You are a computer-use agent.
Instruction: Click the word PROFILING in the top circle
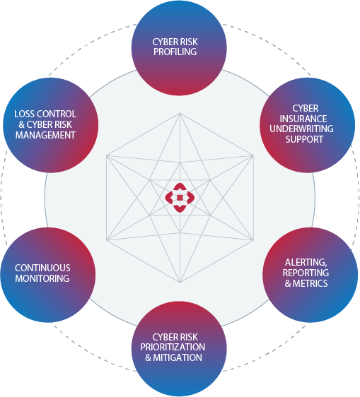(x=179, y=52)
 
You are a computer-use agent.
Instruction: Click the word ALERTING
(x=306, y=263)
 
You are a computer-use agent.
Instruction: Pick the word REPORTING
(x=306, y=273)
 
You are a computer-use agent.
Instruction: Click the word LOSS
(x=25, y=114)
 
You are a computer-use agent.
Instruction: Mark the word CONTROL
(x=59, y=114)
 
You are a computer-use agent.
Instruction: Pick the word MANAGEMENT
(x=45, y=134)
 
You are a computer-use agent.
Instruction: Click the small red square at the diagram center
(x=180, y=198)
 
